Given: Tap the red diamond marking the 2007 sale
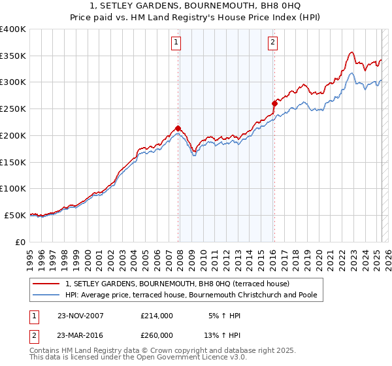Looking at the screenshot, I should (x=178, y=128).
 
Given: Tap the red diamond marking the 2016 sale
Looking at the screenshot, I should (x=274, y=103).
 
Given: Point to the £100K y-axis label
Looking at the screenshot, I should (x=13, y=189).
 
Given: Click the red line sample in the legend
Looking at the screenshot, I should (x=47, y=284).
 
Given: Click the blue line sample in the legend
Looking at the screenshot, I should (x=47, y=295).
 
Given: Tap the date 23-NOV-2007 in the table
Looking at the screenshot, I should (x=80, y=316).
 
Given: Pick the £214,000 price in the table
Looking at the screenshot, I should (x=157, y=316).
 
